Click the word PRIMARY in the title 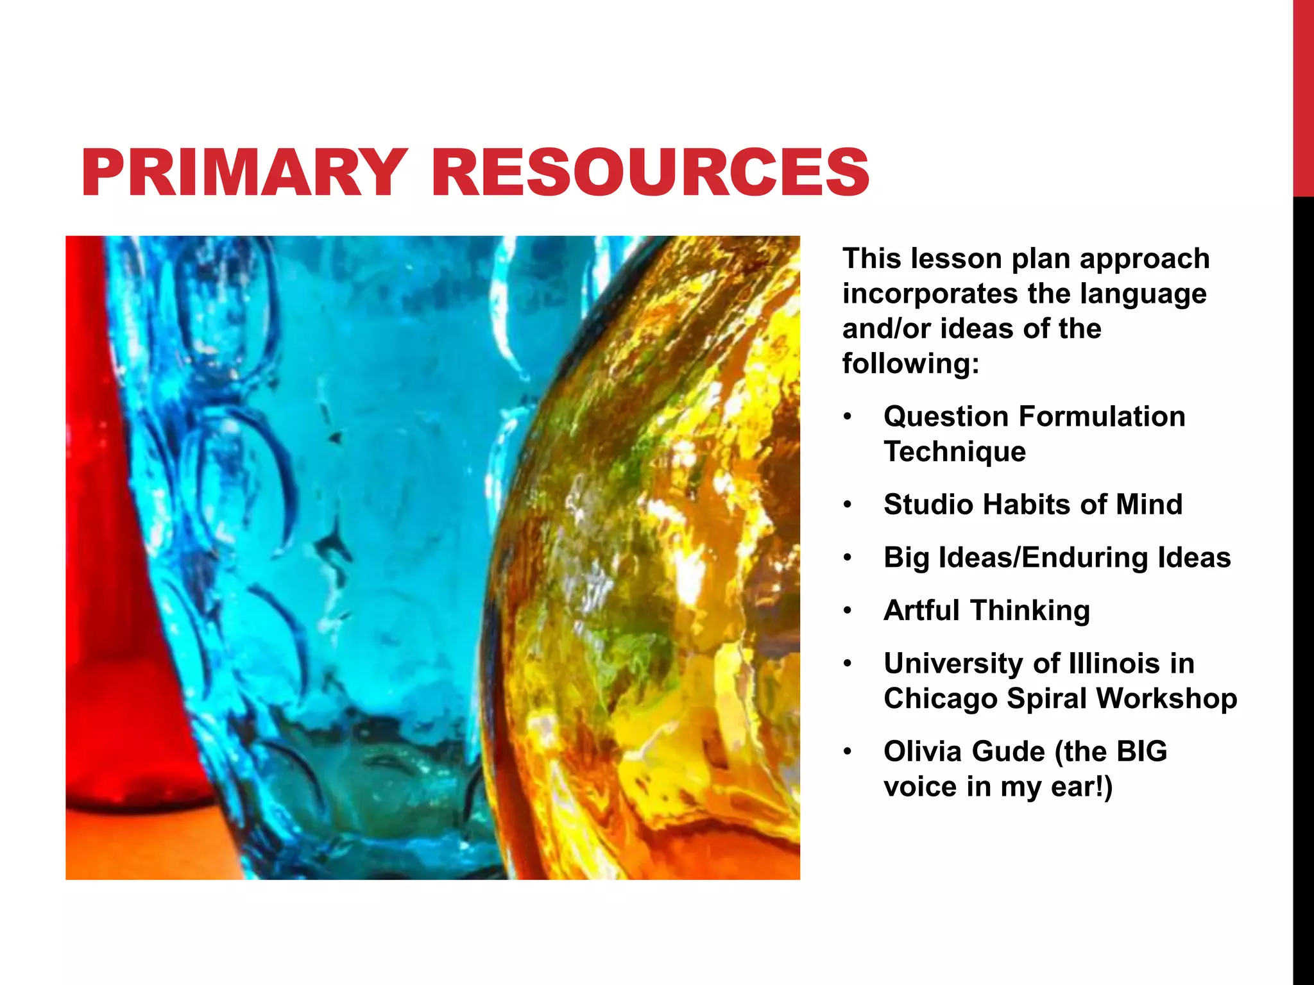[244, 172]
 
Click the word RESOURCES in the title [651, 172]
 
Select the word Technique [955, 452]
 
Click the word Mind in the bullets [1149, 505]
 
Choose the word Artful [922, 610]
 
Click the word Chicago [940, 699]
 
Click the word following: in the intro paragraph [911, 364]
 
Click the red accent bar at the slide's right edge [1303, 96]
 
